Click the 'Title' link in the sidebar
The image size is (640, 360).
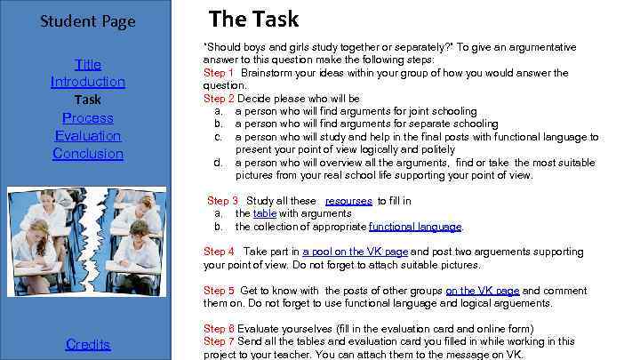[x=88, y=64]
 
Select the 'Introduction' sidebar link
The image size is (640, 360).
[x=88, y=82]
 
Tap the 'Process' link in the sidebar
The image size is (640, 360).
[x=88, y=117]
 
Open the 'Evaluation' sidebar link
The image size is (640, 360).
[x=88, y=135]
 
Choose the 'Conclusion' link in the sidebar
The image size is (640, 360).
[x=88, y=153]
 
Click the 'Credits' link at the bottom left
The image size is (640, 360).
[x=88, y=344]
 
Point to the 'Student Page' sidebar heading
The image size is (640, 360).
[x=88, y=20]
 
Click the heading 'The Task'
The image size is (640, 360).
[x=253, y=19]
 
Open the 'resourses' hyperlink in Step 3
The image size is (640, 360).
[x=348, y=201]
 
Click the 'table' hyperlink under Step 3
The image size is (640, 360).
[x=264, y=213]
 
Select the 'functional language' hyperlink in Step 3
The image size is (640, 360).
[x=415, y=226]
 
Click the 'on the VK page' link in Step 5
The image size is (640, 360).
[x=482, y=290]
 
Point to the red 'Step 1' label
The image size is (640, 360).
[x=219, y=73]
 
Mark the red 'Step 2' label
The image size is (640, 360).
[x=219, y=98]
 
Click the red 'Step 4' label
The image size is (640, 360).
[x=219, y=252]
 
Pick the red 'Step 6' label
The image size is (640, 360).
[x=219, y=328]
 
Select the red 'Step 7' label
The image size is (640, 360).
[x=219, y=340]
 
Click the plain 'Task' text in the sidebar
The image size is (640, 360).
[x=88, y=100]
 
